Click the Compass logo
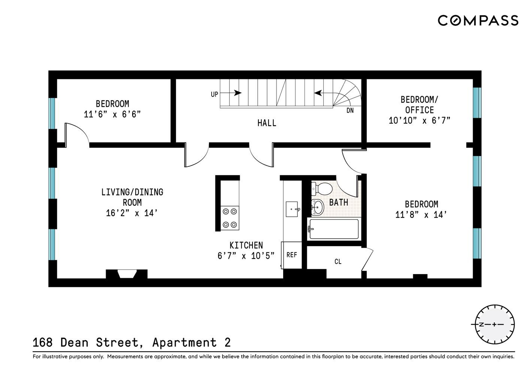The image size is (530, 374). point(478,20)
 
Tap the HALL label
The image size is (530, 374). point(267,123)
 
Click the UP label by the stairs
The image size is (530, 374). point(214,94)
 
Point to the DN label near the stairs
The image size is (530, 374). point(350,111)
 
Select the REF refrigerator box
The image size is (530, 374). point(291,255)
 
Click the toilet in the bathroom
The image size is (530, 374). point(321,189)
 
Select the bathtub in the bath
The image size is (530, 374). point(333,229)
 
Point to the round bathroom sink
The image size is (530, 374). point(318,207)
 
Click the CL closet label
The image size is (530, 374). point(338,261)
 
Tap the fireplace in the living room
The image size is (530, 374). point(127,274)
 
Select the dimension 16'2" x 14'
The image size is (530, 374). point(132,213)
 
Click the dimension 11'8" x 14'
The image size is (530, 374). point(421,215)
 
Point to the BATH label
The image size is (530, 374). point(339,202)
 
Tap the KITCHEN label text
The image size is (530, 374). point(246,245)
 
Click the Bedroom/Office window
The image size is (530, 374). point(477,102)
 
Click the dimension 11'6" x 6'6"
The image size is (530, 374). point(112,114)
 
